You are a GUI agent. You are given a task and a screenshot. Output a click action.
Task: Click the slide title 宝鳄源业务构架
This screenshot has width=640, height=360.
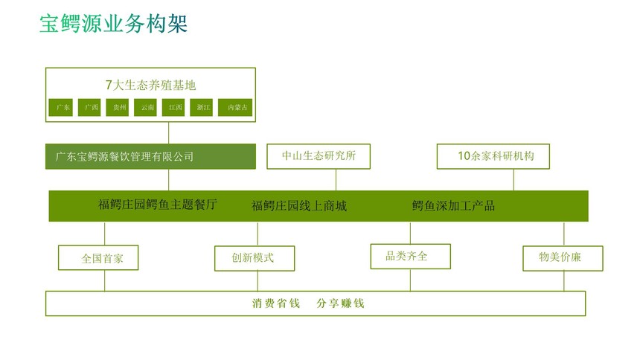click(x=113, y=23)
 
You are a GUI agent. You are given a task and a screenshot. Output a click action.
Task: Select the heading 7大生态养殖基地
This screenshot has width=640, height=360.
click(x=150, y=85)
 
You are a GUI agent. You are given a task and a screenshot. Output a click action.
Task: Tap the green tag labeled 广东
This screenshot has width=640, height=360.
click(x=61, y=107)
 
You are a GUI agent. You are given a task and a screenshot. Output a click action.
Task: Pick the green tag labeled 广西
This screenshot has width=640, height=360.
click(x=89, y=107)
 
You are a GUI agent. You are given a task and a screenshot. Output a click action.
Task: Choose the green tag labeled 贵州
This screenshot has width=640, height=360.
click(x=118, y=107)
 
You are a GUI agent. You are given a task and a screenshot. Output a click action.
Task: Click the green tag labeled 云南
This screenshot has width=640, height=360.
click(x=145, y=107)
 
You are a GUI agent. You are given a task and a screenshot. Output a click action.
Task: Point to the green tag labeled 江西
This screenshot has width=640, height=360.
click(x=173, y=107)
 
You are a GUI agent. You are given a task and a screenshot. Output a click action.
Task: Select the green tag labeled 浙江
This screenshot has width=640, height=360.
click(x=201, y=107)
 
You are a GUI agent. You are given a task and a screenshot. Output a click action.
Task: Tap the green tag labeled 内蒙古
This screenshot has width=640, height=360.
click(x=235, y=107)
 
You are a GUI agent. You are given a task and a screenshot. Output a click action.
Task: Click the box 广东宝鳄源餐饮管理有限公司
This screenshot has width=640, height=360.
click(x=150, y=156)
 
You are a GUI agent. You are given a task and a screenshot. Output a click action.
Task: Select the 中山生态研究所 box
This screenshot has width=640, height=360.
click(x=319, y=156)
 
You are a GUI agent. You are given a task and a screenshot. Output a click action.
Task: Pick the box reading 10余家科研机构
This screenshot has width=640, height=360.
click(x=493, y=156)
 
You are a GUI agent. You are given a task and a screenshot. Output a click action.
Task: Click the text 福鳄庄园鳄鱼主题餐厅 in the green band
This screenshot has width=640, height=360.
click(x=158, y=204)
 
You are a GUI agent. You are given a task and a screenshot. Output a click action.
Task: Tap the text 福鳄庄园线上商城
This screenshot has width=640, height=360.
click(x=299, y=206)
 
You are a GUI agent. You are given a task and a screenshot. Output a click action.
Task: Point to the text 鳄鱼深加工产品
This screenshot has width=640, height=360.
click(x=453, y=205)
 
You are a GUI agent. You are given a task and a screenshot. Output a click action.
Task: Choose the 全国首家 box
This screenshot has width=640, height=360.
click(x=98, y=257)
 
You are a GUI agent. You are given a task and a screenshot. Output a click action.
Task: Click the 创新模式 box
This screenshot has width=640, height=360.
click(x=255, y=258)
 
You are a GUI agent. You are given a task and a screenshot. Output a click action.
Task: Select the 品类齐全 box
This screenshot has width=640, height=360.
click(x=411, y=257)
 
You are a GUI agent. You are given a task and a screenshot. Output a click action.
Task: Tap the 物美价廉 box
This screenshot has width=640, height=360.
click(x=563, y=258)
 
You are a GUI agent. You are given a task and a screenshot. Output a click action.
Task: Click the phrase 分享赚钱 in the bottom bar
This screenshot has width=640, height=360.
click(x=340, y=303)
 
